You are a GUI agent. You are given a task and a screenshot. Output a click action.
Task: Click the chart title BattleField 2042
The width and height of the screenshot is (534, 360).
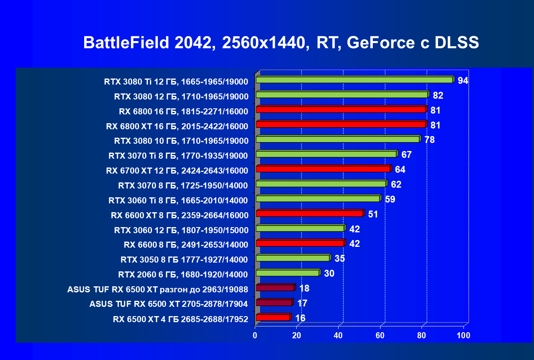coord(281,43)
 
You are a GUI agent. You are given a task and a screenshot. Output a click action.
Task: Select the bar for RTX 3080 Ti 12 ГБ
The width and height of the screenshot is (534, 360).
coord(354,80)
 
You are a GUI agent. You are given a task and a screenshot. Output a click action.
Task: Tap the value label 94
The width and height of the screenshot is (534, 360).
coord(463,81)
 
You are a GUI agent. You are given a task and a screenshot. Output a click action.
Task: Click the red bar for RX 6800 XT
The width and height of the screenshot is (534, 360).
coord(341,124)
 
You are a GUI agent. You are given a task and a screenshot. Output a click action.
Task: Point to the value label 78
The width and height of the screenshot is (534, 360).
coord(429,140)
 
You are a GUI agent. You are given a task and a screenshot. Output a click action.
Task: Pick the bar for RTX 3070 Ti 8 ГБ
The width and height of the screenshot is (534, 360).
coord(326,154)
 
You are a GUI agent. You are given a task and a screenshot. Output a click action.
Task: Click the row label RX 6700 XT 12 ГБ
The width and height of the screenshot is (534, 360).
coord(177,170)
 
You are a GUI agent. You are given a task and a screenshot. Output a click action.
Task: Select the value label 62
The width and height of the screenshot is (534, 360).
coord(396,184)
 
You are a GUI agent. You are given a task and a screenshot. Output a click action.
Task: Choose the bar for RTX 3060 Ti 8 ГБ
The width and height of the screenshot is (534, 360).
coord(318,199)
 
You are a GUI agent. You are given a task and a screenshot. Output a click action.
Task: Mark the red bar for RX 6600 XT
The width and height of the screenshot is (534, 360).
coord(309,213)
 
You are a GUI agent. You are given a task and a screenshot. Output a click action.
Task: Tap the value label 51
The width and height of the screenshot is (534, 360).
coord(373,214)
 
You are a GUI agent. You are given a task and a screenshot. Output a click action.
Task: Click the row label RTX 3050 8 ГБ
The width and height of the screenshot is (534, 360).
coord(184,259)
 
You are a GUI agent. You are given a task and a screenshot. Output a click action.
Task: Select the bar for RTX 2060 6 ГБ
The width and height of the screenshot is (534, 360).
coord(287,273)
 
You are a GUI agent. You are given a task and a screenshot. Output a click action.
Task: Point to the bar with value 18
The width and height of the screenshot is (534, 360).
coord(275,288)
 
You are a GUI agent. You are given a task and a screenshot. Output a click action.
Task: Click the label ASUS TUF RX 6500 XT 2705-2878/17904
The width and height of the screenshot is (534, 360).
coord(168,304)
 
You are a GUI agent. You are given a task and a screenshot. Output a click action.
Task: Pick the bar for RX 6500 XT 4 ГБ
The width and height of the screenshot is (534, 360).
coord(273,317)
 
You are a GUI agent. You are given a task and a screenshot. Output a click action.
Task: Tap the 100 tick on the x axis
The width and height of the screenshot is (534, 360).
coord(463,335)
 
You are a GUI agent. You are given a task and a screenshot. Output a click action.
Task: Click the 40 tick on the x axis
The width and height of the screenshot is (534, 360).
coord(339,335)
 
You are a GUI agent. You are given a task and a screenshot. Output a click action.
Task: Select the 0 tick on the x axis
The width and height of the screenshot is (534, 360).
coord(255,335)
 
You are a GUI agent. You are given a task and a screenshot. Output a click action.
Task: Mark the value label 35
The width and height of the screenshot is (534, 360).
coord(339,259)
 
